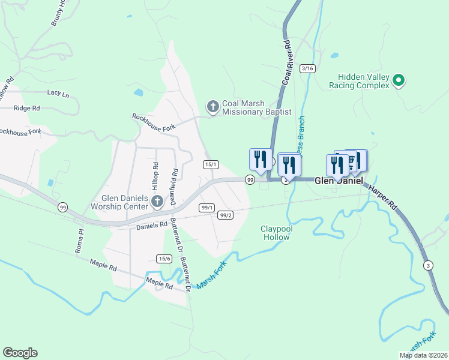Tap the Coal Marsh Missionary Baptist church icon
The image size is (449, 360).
(212, 107)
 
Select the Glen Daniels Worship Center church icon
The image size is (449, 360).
(157, 202)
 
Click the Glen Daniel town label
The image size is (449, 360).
(339, 180)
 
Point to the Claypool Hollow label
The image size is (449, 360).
(275, 232)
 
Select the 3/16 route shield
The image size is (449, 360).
(308, 68)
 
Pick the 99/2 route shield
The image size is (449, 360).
(226, 215)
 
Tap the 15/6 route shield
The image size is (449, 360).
(164, 259)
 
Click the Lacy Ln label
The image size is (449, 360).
(58, 94)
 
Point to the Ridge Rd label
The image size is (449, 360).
(27, 109)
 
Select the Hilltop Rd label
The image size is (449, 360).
(155, 173)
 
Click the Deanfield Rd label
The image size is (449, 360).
(174, 179)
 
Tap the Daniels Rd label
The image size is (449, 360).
(151, 226)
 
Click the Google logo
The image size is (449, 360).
(20, 353)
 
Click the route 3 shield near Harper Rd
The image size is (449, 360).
(428, 265)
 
